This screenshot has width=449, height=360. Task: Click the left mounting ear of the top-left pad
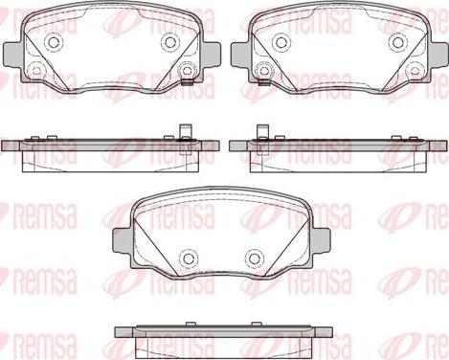(x=13, y=55)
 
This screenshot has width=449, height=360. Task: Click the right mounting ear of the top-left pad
(x=211, y=55)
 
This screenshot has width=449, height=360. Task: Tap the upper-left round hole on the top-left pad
(x=54, y=41)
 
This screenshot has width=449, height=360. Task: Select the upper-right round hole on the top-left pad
(x=169, y=41)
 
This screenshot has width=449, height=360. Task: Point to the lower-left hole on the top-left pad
(x=36, y=70)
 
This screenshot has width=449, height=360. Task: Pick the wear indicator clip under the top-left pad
(x=188, y=83)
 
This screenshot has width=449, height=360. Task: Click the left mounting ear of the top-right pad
(x=241, y=55)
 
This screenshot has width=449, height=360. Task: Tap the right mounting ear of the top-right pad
(x=438, y=55)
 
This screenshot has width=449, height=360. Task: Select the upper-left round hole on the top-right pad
(x=281, y=42)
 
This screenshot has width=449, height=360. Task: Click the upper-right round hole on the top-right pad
(x=397, y=42)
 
